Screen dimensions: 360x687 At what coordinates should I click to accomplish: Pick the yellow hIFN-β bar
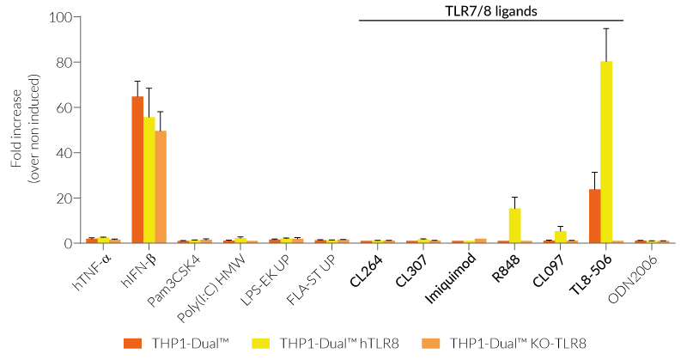pos(149,180)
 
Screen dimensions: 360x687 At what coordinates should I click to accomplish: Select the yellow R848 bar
pos(514,225)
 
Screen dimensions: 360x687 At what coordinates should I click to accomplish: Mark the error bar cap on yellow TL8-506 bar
pos(606,28)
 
